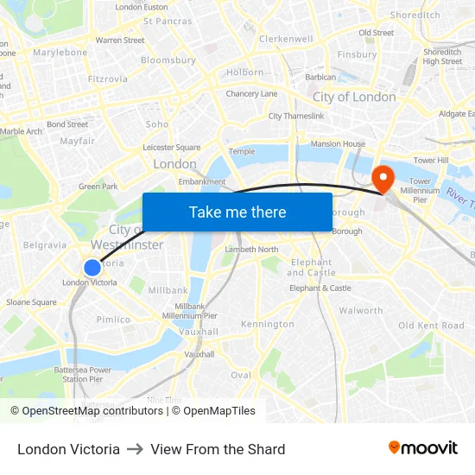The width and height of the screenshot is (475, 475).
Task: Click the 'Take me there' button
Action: click(237, 212)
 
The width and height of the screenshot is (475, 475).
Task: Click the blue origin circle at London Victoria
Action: click(92, 268)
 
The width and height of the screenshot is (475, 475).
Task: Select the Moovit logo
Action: click(423, 448)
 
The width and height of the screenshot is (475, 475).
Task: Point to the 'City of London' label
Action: click(354, 97)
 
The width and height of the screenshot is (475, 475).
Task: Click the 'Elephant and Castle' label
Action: click(312, 267)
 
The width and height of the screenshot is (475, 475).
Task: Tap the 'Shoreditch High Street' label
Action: click(442, 56)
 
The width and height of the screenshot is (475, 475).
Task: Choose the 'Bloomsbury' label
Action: click(168, 60)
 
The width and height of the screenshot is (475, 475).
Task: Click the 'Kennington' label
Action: click(268, 324)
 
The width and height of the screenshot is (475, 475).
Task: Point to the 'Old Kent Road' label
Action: click(431, 326)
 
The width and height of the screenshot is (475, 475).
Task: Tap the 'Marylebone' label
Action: click(60, 52)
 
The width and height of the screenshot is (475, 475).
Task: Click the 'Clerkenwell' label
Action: click(286, 39)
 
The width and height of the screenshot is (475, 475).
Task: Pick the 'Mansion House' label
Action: click(338, 144)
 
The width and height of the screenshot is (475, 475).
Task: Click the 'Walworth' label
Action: click(361, 310)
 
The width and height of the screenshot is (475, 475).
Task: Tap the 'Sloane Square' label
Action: click(31, 302)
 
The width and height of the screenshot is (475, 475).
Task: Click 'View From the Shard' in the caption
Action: click(218, 449)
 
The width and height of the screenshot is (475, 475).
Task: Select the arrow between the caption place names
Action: click(136, 449)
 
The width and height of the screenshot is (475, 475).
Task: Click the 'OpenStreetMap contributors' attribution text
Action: click(93, 411)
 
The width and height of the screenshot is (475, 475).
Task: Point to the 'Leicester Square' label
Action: click(171, 148)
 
